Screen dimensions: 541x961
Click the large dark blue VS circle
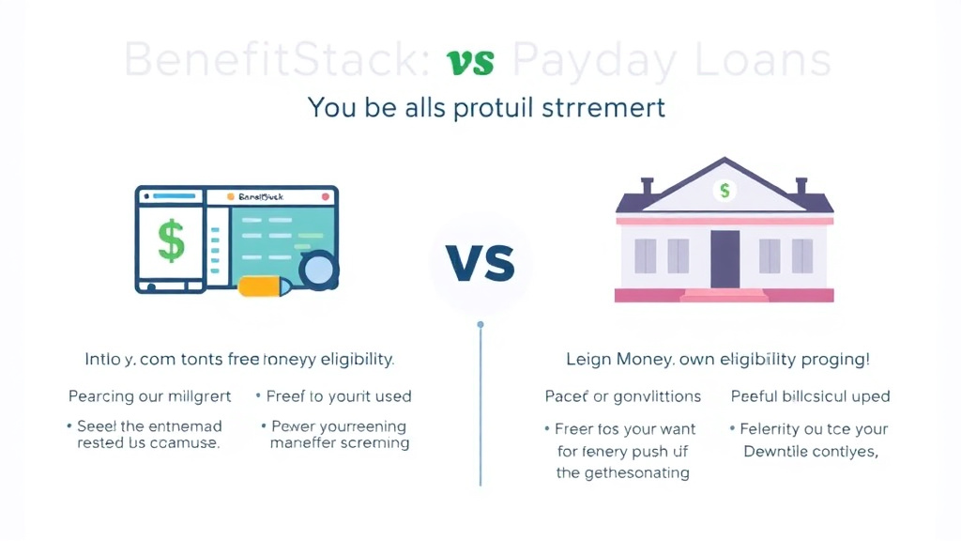click(x=480, y=262)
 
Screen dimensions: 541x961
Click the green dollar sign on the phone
click(x=172, y=241)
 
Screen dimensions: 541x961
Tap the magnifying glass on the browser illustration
click(x=318, y=270)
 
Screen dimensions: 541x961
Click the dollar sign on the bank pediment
click(x=725, y=191)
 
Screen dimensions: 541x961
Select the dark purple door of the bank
click(x=725, y=259)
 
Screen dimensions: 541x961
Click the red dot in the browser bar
click(x=325, y=197)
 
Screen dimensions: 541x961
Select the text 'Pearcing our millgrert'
click(x=149, y=396)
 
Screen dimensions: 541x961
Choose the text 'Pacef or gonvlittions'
click(x=623, y=396)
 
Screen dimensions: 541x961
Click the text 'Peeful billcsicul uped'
click(x=810, y=396)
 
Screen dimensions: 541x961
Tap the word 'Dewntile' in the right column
click(x=777, y=452)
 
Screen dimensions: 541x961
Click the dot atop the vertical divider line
click(x=480, y=325)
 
